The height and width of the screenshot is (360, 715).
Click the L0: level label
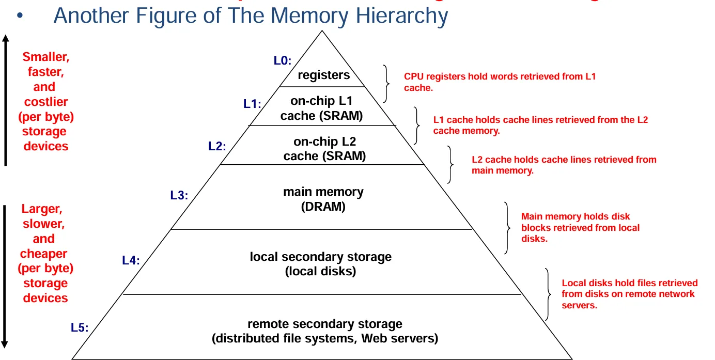tap(283, 61)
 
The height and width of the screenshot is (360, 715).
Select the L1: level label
tap(252, 104)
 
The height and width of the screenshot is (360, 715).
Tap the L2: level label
tap(217, 146)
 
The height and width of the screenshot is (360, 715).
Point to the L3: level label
tap(179, 195)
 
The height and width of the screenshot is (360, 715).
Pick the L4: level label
tap(131, 260)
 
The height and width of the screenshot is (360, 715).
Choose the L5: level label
tap(80, 327)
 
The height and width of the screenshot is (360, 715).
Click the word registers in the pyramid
tap(324, 75)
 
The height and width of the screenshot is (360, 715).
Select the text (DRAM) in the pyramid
tap(323, 207)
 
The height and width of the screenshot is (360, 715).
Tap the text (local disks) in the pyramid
tap(321, 271)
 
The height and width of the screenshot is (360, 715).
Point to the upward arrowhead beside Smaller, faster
tap(5, 39)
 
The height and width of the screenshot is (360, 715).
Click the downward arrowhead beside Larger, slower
tap(5, 343)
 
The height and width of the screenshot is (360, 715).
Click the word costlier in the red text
tap(46, 102)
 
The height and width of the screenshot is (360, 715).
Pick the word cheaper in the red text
tap(44, 254)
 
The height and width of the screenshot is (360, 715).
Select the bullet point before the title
tap(20, 17)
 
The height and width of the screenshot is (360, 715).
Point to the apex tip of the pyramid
tap(322, 31)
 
